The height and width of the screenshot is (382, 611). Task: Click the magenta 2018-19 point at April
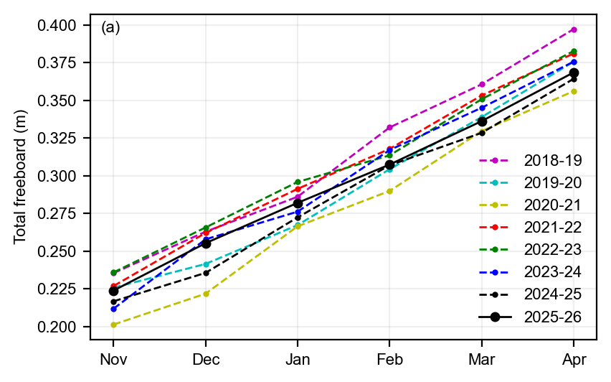[574, 29]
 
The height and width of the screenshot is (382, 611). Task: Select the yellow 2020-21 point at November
[113, 325]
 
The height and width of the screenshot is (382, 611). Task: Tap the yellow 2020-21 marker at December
[206, 294]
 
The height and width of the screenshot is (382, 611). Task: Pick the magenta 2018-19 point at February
[389, 127]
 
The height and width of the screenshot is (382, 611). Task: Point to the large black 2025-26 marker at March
[482, 122]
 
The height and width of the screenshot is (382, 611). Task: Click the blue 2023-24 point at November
[113, 309]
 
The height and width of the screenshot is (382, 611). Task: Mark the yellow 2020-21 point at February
[389, 191]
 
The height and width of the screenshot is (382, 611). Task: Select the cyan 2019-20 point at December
[206, 264]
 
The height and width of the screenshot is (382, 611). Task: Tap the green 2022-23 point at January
[298, 182]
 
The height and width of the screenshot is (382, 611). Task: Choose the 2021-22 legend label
[552, 228]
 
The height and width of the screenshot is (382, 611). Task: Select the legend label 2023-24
[552, 272]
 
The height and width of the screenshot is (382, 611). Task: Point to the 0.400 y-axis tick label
[57, 26]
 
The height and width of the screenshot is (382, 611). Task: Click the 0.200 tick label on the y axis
[57, 327]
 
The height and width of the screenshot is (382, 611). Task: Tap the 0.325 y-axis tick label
[57, 138]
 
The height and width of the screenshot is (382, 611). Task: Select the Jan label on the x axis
[298, 359]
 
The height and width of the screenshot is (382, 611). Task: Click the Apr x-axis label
[574, 360]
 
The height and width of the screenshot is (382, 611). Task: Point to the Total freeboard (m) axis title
[20, 177]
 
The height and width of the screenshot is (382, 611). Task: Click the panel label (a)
[110, 28]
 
